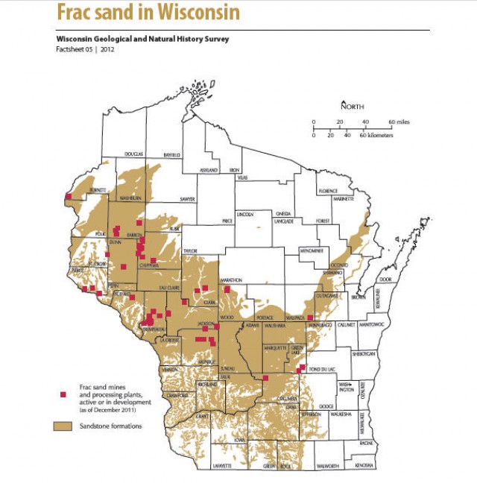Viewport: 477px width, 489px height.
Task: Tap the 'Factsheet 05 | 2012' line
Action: tap(85, 49)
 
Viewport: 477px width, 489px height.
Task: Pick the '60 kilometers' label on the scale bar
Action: tap(376, 136)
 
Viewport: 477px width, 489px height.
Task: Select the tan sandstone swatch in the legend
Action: tap(63, 426)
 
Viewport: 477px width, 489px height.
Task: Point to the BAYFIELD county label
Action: tap(171, 154)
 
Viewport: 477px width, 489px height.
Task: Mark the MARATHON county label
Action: tap(230, 280)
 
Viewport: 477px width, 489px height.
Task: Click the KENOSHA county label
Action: tap(364, 466)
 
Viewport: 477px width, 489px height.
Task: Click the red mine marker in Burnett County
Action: tap(69, 198)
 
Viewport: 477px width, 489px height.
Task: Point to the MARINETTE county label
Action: tap(343, 200)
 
